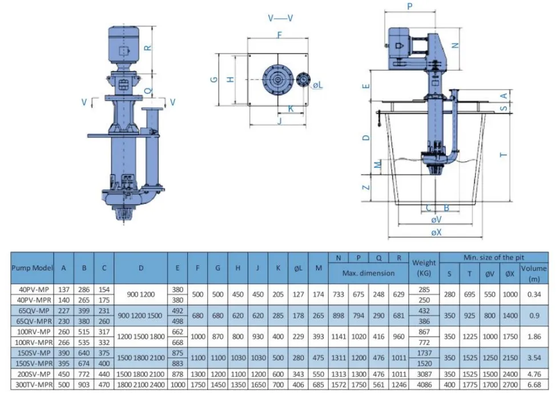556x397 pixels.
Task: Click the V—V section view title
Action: [280, 18]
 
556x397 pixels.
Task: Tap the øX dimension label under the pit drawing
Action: [436, 232]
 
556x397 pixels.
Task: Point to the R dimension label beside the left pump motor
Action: [148, 47]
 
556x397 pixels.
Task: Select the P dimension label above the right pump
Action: [409, 6]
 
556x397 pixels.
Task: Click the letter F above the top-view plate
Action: [279, 35]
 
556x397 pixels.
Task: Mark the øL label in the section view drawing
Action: [317, 84]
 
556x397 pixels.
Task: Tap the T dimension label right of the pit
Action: [503, 154]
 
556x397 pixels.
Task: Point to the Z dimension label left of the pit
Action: [366, 187]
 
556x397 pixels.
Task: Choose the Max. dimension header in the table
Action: [368, 273]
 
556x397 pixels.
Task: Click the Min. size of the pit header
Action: [494, 258]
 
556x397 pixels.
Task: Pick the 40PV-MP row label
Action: [33, 290]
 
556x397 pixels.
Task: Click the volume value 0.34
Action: [534, 294]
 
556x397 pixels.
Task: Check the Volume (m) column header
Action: [534, 273]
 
